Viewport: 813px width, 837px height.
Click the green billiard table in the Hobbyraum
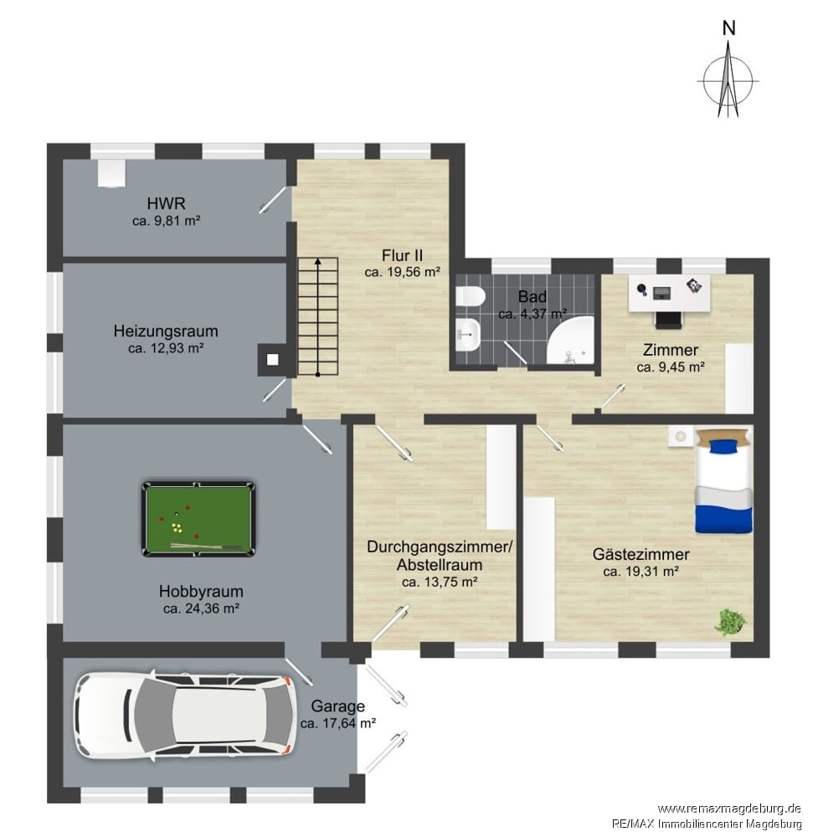click(198, 520)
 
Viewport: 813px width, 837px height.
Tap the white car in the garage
click(186, 715)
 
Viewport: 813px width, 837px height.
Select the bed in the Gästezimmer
click(724, 480)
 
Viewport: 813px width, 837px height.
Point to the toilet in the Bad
click(470, 297)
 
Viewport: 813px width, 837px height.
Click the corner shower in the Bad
click(570, 340)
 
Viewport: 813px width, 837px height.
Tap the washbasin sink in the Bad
click(469, 335)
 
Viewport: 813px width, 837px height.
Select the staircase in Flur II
click(317, 316)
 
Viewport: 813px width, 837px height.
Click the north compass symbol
click(728, 80)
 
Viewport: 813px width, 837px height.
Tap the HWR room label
click(167, 203)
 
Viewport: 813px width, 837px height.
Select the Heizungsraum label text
click(166, 331)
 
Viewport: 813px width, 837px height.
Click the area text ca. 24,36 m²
click(201, 608)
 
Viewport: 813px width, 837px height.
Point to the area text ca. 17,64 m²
click(338, 723)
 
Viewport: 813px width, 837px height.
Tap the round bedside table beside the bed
click(680, 435)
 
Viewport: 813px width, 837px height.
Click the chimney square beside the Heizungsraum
click(272, 360)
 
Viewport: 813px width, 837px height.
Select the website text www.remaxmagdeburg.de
click(729, 809)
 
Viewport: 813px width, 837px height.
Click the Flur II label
click(402, 255)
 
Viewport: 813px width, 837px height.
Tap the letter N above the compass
click(728, 28)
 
